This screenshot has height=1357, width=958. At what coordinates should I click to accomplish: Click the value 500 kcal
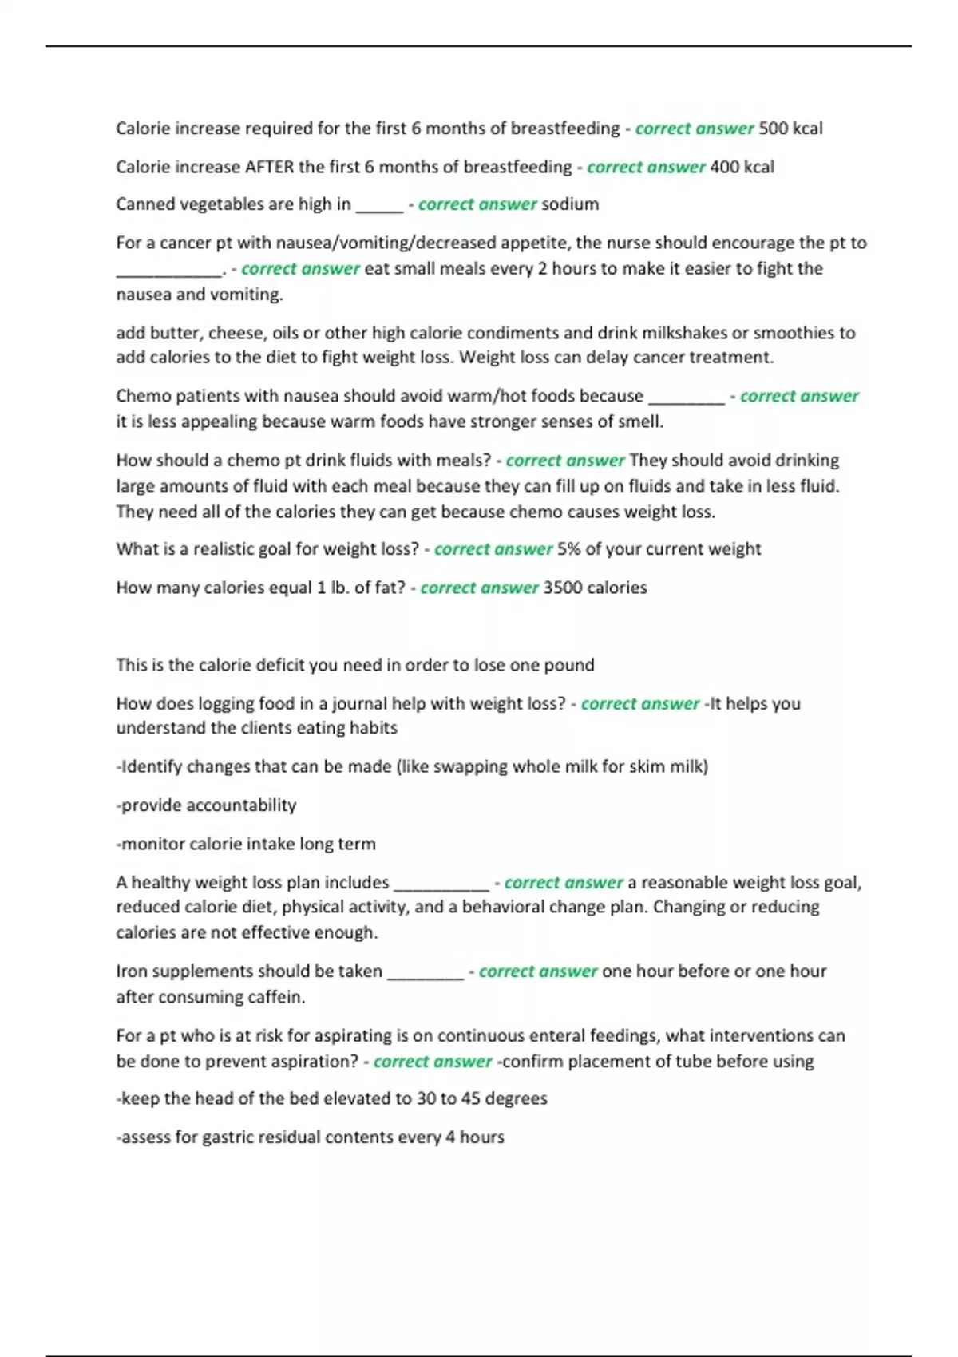(790, 129)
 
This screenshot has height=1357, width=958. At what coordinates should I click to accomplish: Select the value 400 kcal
(742, 167)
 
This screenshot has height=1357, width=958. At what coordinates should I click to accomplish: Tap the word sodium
(570, 204)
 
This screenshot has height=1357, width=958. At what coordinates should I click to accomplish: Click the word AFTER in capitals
(269, 167)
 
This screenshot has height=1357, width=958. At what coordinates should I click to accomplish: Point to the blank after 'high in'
(379, 206)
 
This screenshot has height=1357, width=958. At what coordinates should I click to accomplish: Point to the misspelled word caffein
(275, 997)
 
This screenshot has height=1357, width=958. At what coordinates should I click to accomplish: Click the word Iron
(133, 971)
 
